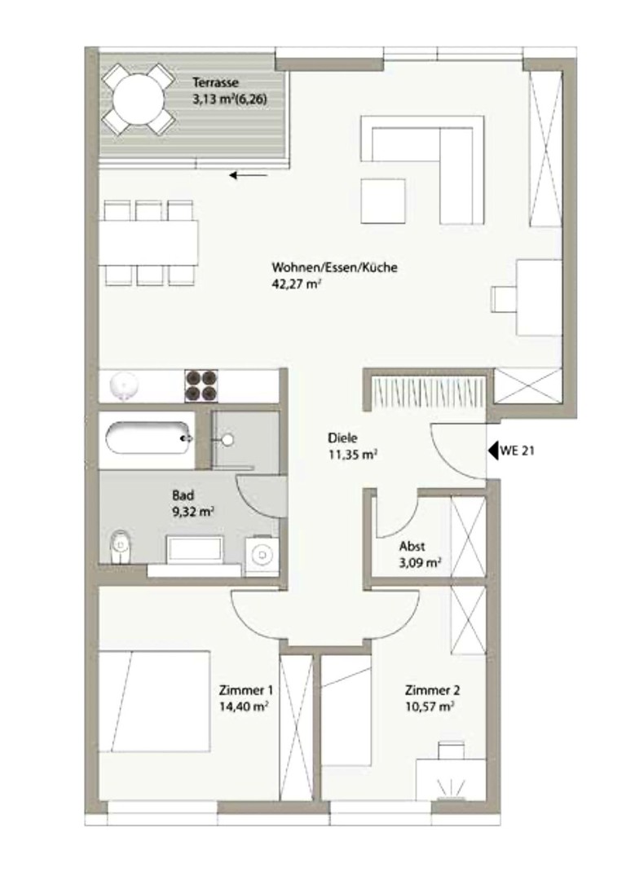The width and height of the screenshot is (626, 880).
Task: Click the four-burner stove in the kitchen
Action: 201,385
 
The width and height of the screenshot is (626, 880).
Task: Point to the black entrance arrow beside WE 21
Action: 492,449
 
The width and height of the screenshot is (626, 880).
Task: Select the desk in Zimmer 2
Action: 451,778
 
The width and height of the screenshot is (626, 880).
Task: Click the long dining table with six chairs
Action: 149,243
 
